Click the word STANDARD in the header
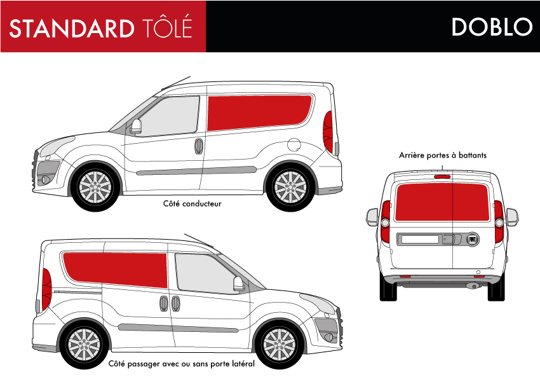coord(72,28)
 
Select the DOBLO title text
coord(492,27)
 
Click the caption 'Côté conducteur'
coord(192,203)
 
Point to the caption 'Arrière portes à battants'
coord(443,155)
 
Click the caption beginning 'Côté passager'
coord(182,364)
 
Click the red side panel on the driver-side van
coord(259,113)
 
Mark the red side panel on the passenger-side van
coord(115,270)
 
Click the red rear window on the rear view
coord(442,202)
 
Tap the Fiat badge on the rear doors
coord(473,239)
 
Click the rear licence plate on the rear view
coord(420,239)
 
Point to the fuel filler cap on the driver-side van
coord(294,144)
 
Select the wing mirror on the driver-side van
coord(136,127)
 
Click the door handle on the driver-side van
coord(199,146)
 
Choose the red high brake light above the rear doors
coord(442,177)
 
